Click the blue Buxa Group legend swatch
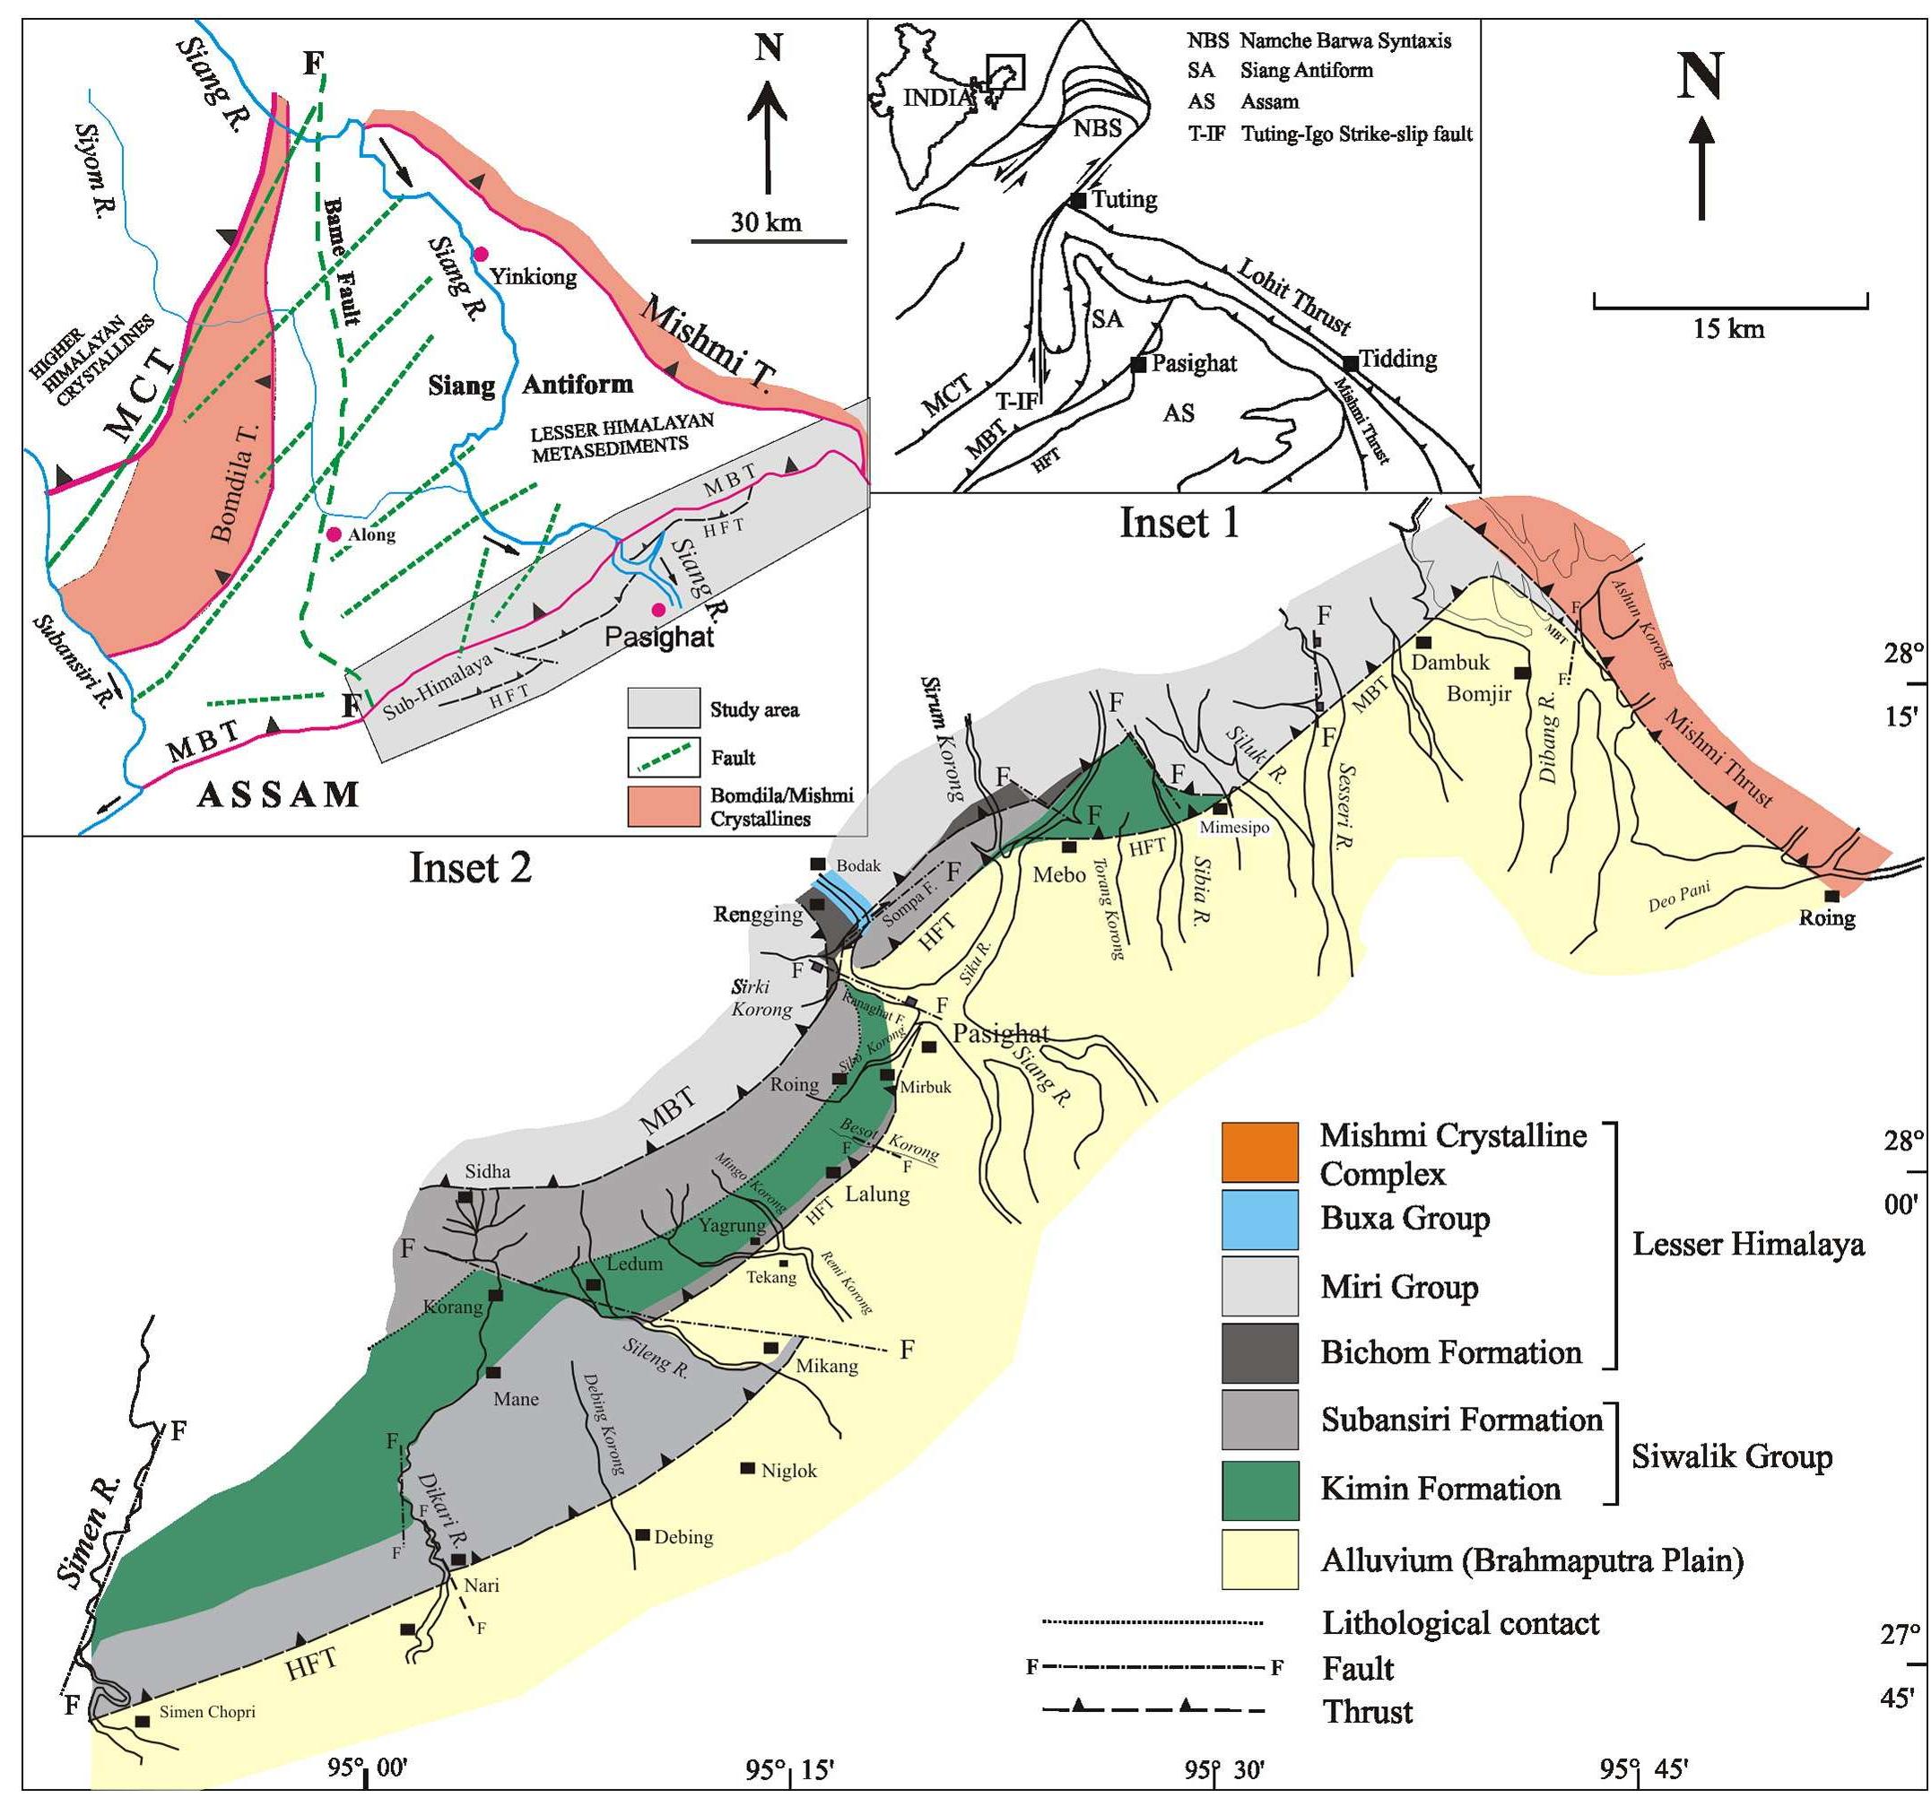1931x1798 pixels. point(1260,1219)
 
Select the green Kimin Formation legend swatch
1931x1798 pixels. point(1260,1490)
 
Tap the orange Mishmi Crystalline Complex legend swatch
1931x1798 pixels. point(1260,1152)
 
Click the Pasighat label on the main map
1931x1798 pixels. point(1000,1032)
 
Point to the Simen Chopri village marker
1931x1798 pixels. point(142,1721)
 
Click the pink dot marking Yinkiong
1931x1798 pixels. point(480,254)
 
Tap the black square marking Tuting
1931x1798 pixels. point(1078,200)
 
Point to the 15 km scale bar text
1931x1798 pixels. point(1729,328)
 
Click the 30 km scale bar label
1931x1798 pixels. point(766,222)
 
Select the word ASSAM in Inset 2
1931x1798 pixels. point(278,795)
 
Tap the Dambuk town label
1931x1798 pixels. point(1450,663)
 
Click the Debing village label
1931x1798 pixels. point(683,1537)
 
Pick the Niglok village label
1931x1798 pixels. point(788,1471)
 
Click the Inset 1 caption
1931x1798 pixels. point(1179,523)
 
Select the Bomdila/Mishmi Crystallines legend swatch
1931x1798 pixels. point(664,806)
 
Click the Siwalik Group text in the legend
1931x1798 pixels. point(1731,1456)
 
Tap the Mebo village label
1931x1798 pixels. point(1058,874)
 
